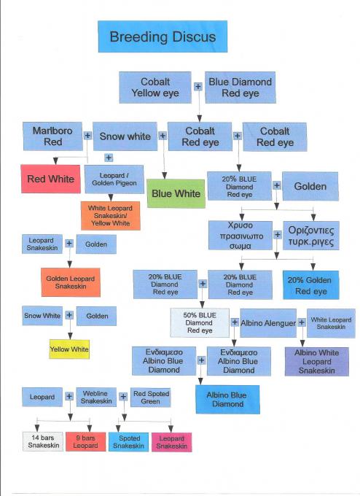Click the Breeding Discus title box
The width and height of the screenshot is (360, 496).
click(163, 36)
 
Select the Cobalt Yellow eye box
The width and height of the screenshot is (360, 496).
click(155, 88)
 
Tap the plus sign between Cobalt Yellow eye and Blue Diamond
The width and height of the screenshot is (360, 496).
click(198, 86)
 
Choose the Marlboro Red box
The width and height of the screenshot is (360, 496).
click(52, 136)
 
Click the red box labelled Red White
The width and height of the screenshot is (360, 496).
click(50, 179)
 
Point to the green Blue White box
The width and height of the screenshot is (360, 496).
click(176, 193)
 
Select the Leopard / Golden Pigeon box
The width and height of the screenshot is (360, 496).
click(114, 179)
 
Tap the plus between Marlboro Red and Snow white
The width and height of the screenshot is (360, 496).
click(87, 136)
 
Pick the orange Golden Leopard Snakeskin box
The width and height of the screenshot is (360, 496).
click(71, 282)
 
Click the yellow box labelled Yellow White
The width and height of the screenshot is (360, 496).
click(69, 349)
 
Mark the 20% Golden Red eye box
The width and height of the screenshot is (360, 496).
click(311, 285)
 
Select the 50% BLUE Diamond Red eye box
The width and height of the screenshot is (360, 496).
click(200, 322)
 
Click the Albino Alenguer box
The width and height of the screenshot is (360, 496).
click(268, 323)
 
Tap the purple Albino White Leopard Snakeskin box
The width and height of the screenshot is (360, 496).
click(317, 362)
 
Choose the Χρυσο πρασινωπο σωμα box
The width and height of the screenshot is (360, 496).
click(240, 236)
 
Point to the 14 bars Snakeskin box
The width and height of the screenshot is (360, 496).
click(43, 441)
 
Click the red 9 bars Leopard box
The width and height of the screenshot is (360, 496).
click(86, 441)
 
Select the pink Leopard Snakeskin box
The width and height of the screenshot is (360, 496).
click(172, 442)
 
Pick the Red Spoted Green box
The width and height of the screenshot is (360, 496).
click(151, 398)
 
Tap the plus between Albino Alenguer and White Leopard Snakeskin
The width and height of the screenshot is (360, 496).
click(302, 322)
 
